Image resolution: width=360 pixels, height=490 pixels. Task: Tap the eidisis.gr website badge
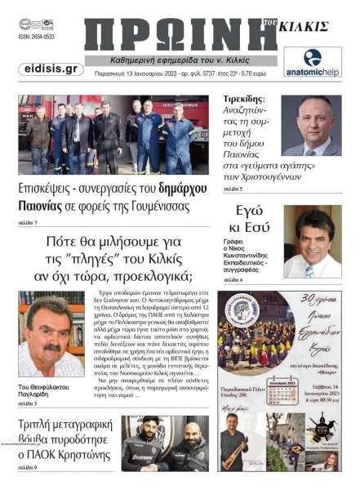click(49, 69)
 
